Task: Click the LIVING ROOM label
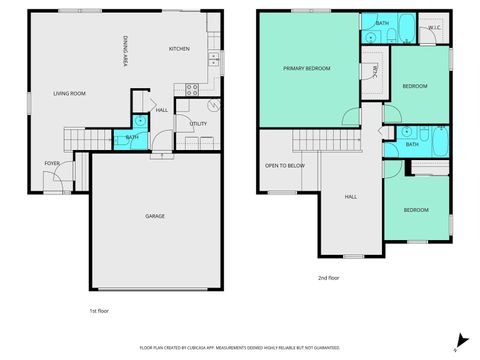tap(69, 93)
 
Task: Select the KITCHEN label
tap(179, 48)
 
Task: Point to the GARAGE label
tap(155, 216)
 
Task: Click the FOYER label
tap(51, 163)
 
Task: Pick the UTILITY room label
tap(197, 123)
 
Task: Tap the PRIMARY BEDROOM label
tap(306, 68)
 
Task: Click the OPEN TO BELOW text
tap(285, 165)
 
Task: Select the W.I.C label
tap(434, 27)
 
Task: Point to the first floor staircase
tap(78, 139)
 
